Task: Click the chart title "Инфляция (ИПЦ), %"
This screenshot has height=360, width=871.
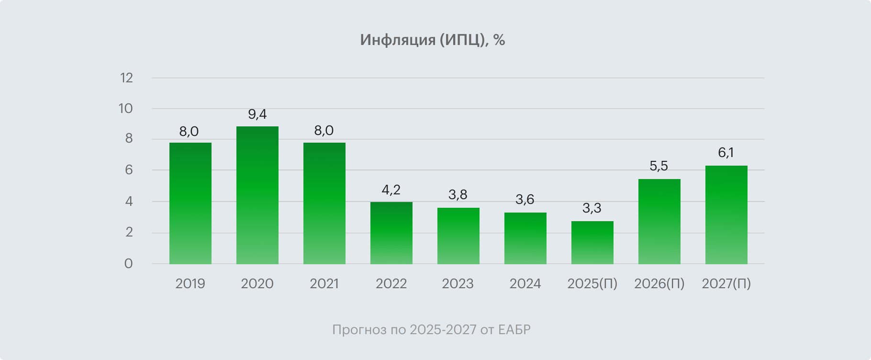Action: click(432, 40)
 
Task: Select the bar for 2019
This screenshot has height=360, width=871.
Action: click(190, 203)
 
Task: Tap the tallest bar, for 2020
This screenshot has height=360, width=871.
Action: click(257, 195)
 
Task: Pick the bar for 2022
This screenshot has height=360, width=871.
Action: click(391, 233)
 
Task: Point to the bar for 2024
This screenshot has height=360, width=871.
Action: click(525, 238)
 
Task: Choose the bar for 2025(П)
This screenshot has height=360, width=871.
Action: click(592, 243)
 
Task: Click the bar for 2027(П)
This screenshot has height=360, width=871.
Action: click(726, 215)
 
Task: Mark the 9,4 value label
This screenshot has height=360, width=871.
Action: click(257, 114)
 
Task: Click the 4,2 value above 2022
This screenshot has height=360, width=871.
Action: click(391, 190)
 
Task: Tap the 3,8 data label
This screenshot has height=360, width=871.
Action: click(458, 195)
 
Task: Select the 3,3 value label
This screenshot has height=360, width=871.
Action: click(592, 209)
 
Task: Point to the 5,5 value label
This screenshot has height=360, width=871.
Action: click(659, 167)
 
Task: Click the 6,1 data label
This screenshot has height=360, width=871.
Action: click(726, 153)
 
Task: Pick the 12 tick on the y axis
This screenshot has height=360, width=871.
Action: click(126, 78)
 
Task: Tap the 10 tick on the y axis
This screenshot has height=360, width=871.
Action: click(125, 109)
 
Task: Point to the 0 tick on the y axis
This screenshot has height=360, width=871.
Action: click(128, 264)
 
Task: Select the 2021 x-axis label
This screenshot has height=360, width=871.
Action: click(324, 284)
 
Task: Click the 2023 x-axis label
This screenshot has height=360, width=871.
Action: click(458, 284)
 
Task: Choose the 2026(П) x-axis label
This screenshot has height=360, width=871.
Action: click(659, 284)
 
